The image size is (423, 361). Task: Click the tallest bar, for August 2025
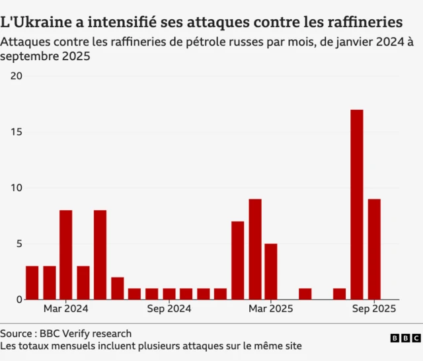pos(356,204)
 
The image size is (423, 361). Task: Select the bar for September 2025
pos(374,249)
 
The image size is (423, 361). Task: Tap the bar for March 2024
pos(66,255)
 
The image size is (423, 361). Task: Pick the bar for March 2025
pos(271,271)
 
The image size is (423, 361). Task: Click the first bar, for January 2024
pos(32,282)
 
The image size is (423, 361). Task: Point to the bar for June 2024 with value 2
pos(117,288)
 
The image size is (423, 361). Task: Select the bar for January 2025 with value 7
pos(237,261)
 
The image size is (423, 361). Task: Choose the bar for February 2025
pos(254,249)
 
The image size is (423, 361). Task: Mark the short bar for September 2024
pos(169,294)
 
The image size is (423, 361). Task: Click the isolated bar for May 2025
pos(305,294)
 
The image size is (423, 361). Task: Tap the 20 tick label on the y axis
pos(17,76)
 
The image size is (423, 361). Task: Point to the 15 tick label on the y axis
pos(17,132)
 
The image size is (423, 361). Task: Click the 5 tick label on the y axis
pos(19,243)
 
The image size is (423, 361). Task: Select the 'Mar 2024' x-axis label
pos(66,309)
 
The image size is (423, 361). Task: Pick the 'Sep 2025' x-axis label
pos(374,309)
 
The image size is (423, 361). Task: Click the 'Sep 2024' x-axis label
pos(169,309)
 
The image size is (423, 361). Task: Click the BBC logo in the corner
pos(404,338)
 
